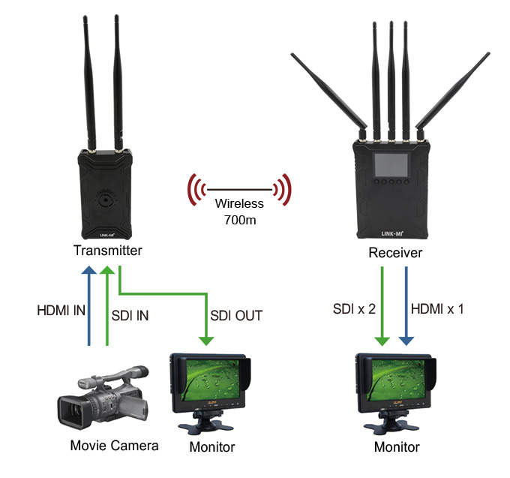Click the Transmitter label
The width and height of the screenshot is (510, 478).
point(108,251)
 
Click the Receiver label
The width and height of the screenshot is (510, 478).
point(395,253)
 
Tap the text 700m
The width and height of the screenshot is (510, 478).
point(240,221)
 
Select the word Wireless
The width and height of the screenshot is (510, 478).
point(239,203)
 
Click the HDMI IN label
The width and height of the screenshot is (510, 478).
point(61,311)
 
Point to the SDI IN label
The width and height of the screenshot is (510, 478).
point(130,316)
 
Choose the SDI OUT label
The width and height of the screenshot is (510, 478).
point(236,316)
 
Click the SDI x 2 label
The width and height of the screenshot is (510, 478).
point(354,309)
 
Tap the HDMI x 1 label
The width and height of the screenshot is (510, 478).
point(437,309)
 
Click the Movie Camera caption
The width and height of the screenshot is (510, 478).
point(114,446)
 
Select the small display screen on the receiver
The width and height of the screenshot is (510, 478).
point(391,165)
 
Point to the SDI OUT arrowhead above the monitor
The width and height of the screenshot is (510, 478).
point(206,341)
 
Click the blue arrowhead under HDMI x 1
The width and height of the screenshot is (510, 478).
point(406,341)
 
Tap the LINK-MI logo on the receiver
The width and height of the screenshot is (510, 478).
point(392,233)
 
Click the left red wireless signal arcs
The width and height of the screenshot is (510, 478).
point(197,190)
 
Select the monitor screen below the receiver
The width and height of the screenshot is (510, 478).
point(398,380)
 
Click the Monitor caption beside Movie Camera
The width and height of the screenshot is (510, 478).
point(212,447)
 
